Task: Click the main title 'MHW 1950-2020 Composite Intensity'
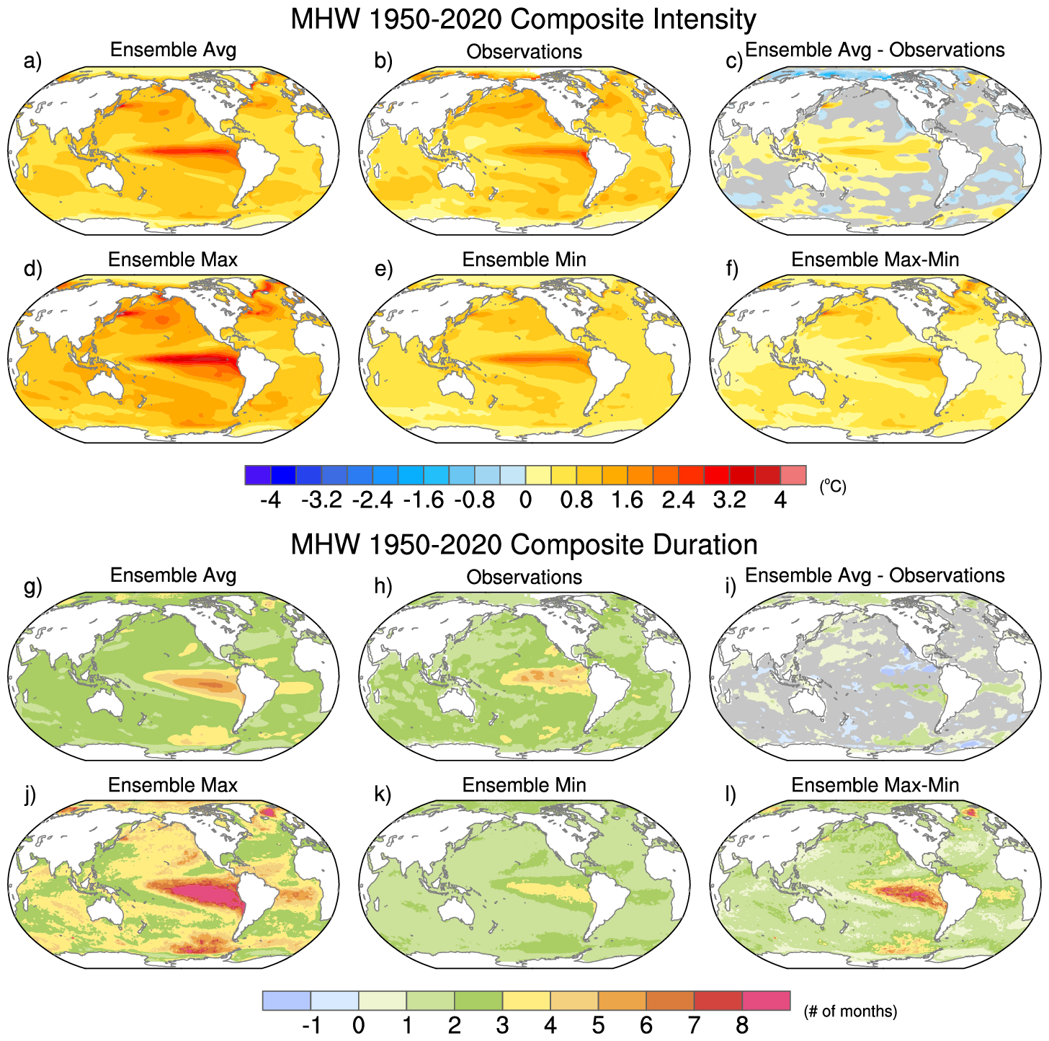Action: coord(524,19)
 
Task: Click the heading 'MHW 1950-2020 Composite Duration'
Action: coord(524,544)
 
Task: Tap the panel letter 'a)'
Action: coord(33,61)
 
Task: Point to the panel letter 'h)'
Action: coord(383,587)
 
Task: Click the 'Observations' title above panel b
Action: coord(524,52)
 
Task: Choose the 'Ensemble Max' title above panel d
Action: coord(173,260)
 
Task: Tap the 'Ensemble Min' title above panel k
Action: coord(524,785)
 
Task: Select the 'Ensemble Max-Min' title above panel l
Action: coord(875,785)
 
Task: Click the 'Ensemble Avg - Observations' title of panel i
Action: coord(875,575)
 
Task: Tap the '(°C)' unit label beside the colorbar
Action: coord(833,487)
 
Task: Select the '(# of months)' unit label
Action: coord(850,1011)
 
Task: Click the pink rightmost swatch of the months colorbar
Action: coord(766,1001)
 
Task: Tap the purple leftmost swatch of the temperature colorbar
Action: coord(258,475)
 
